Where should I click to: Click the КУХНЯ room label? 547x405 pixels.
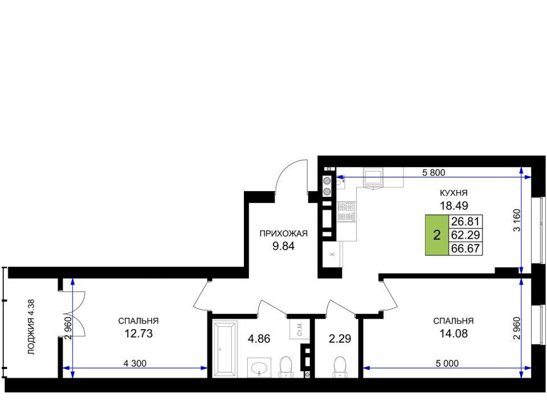coord(453,193)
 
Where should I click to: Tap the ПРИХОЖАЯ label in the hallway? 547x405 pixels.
coord(283,233)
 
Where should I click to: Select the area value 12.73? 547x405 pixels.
coord(138,334)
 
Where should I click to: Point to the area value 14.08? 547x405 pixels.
coord(453,334)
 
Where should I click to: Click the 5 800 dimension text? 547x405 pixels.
coord(434,172)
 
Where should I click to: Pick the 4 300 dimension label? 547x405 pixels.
coord(134,363)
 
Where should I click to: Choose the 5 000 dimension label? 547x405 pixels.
coord(447,363)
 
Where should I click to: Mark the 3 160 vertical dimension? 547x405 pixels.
coord(517,220)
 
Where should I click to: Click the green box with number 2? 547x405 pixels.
coord(437,235)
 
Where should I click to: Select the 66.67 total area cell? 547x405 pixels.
coord(466,249)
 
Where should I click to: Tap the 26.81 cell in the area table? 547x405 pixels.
coord(466,221)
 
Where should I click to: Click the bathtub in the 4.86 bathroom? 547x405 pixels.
coord(224,349)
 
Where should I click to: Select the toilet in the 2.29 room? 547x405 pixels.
coord(340,367)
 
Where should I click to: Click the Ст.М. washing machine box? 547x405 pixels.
coord(300,329)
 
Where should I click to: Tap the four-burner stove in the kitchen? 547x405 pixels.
coord(346,212)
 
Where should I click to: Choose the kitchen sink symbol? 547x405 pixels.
coord(373,177)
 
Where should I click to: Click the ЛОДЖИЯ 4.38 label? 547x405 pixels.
coord(31,327)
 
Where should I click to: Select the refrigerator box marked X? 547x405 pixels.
coord(332,254)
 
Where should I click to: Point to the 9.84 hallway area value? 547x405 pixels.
coord(283,246)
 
